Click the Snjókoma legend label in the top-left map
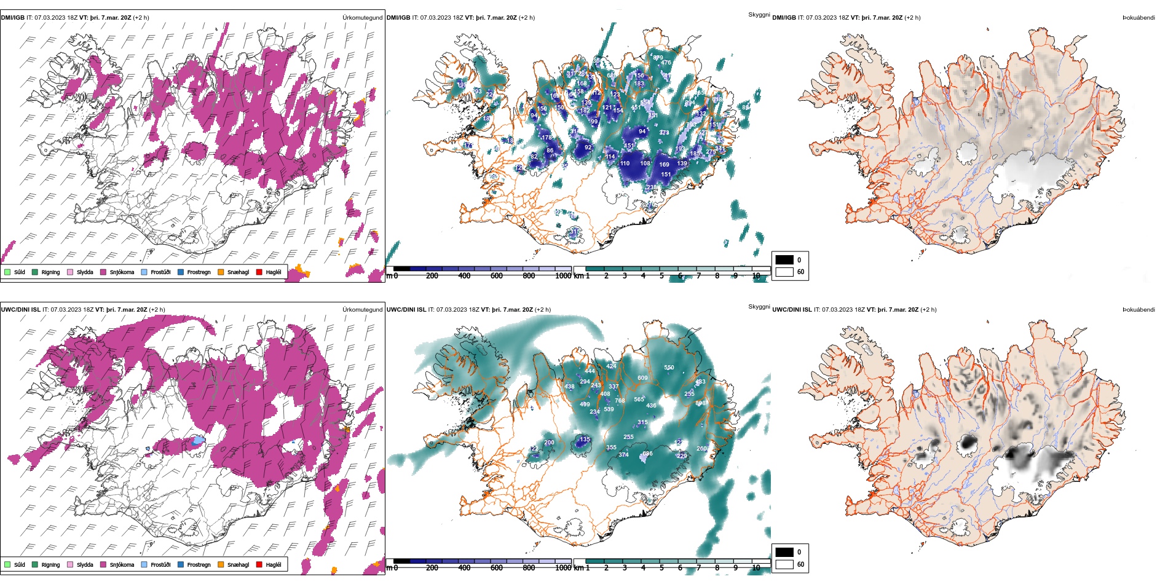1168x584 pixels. click(x=122, y=272)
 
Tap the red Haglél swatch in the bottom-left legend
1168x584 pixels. click(x=259, y=564)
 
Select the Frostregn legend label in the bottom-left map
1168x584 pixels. click(x=199, y=564)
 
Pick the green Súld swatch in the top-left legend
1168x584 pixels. click(x=7, y=272)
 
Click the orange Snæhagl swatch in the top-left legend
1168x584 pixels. click(x=221, y=272)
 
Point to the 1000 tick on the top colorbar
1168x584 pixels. click(x=563, y=276)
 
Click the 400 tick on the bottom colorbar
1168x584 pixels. click(x=464, y=568)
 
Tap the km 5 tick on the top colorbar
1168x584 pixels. click(x=661, y=276)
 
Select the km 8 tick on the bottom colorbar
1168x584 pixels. click(x=717, y=568)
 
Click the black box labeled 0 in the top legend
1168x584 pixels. click(x=784, y=259)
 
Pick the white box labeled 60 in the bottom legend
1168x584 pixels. click(x=784, y=564)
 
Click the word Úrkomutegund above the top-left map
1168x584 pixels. click(x=362, y=18)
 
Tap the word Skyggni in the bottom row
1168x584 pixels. click(x=759, y=306)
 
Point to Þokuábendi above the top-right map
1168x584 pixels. click(x=1138, y=18)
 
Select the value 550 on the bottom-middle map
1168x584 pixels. click(x=669, y=368)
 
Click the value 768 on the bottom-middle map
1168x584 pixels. click(x=620, y=400)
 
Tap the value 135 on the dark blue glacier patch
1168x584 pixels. click(x=585, y=440)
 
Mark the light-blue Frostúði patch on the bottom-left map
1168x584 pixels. click(x=197, y=441)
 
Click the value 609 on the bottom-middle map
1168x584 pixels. click(x=642, y=378)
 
